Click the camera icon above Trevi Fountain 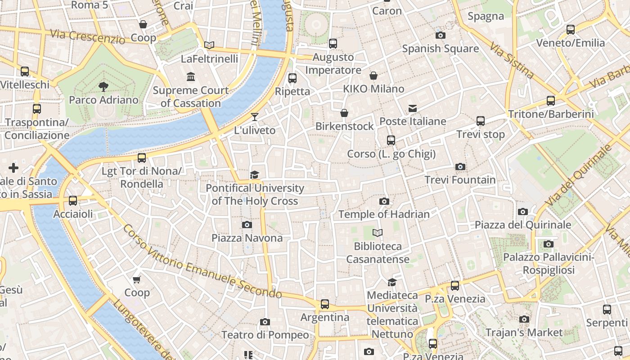tap(460, 167)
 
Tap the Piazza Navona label tap(247, 238)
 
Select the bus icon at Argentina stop tap(325, 304)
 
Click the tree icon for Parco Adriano tap(103, 86)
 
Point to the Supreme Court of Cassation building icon tap(191, 77)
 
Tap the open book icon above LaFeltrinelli tap(209, 45)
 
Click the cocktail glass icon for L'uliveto tap(255, 117)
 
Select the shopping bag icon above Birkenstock tap(344, 113)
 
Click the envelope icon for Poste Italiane tap(413, 108)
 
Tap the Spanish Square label tap(440, 49)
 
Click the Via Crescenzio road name tap(87, 36)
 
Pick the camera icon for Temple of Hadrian tap(384, 201)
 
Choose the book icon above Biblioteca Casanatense tap(378, 233)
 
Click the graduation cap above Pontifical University tap(255, 175)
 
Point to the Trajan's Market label tap(524, 333)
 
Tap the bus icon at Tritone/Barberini tap(551, 101)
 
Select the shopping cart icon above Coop tap(137, 279)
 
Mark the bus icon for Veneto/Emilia tap(571, 30)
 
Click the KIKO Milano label tap(373, 89)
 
